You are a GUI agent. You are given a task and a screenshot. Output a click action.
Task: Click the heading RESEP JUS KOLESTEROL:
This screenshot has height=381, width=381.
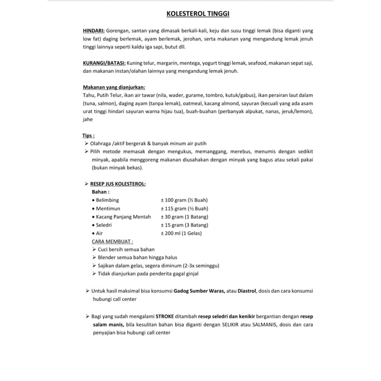[x=118, y=183]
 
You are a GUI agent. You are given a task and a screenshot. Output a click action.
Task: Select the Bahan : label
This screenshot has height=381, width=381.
[x=101, y=191]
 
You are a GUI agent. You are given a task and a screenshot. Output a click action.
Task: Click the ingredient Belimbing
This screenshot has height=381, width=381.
[x=108, y=200]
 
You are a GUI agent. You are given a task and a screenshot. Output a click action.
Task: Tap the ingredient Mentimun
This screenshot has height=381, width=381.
[x=108, y=209]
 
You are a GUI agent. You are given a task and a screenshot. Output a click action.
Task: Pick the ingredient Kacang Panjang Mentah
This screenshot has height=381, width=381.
[x=123, y=217]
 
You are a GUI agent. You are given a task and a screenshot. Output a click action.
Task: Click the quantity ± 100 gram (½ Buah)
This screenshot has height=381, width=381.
[x=184, y=200]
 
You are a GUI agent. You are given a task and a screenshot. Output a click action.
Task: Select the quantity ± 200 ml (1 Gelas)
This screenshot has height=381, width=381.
[x=182, y=233]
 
